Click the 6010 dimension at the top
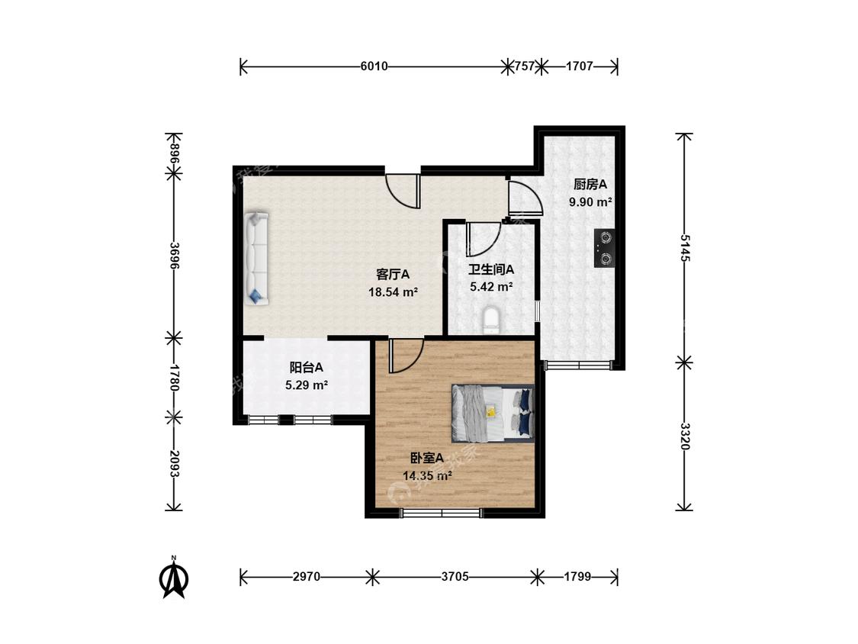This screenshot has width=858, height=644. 374,66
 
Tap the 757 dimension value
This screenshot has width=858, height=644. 524,66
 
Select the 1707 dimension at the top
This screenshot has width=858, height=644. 580,66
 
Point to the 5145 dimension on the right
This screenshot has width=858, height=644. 684,247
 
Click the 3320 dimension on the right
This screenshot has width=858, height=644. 684,436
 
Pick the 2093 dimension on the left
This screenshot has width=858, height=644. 174,464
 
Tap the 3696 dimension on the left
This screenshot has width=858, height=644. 174,255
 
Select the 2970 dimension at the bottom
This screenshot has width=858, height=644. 307,576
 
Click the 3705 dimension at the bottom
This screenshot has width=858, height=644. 455,576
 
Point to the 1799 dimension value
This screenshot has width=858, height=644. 577,576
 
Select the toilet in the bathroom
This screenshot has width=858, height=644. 491,320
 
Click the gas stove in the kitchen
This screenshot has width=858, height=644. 605,248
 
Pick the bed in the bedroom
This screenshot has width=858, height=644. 493,414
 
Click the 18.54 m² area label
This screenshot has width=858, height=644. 393,292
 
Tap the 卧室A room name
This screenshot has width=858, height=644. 427,459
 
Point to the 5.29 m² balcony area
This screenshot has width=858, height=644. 307,385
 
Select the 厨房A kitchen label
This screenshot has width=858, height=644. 590,184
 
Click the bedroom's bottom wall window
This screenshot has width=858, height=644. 441,513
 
